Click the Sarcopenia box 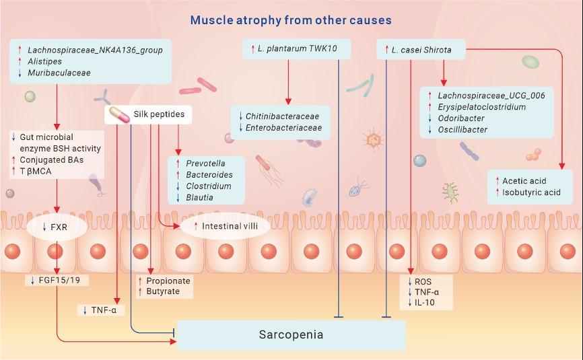(291, 334)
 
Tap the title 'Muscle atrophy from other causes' (291, 20)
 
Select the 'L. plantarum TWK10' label (297, 48)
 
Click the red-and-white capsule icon (119, 115)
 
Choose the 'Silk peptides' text (159, 114)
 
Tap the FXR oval (57, 227)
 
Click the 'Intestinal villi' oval (226, 226)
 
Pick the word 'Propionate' (168, 281)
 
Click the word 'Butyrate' (163, 291)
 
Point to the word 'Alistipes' (44, 61)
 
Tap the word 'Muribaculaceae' (59, 73)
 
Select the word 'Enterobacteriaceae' (283, 128)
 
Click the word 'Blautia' (199, 197)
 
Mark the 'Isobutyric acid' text (531, 192)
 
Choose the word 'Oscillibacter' (462, 130)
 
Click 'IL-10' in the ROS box (425, 302)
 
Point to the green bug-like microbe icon (450, 192)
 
